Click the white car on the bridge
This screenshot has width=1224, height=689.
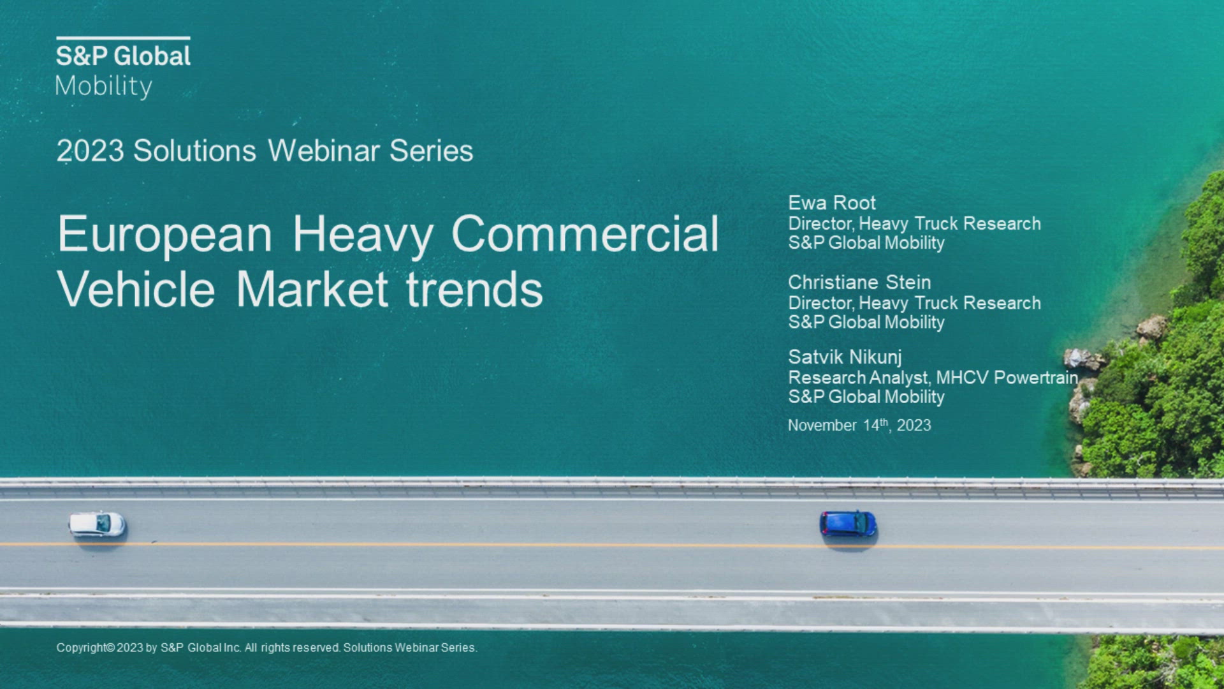pyautogui.click(x=98, y=524)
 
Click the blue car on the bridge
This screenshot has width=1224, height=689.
pyautogui.click(x=848, y=524)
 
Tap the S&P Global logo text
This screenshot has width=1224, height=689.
pyautogui.click(x=123, y=56)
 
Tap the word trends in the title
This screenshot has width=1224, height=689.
pyautogui.click(x=474, y=290)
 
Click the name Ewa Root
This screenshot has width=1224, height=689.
pyautogui.click(x=832, y=203)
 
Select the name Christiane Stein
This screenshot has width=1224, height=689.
pyautogui.click(x=859, y=282)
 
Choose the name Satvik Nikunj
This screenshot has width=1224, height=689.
pyautogui.click(x=845, y=357)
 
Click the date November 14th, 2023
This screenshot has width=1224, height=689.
pyautogui.click(x=859, y=425)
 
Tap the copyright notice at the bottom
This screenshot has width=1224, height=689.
pyautogui.click(x=266, y=648)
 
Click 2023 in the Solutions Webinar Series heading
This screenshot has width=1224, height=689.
pyautogui.click(x=90, y=151)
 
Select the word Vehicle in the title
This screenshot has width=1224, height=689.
pyautogui.click(x=136, y=290)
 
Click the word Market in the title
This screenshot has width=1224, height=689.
pyautogui.click(x=312, y=290)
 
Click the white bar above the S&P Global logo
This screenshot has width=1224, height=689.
pyautogui.click(x=123, y=38)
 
